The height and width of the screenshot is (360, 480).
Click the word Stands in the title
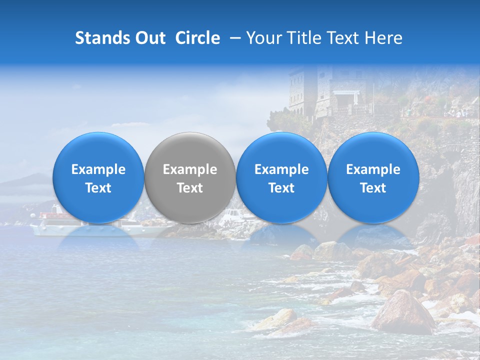[x=102, y=38]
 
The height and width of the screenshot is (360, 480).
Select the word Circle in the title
[x=197, y=38]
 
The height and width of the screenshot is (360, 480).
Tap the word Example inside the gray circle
[x=190, y=170]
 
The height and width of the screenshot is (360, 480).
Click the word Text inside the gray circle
[x=190, y=188]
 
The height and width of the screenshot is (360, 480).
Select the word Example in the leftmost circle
[x=98, y=170]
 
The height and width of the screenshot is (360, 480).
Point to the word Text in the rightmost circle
[x=373, y=188]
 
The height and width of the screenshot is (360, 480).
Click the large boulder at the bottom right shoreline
[x=402, y=312]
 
